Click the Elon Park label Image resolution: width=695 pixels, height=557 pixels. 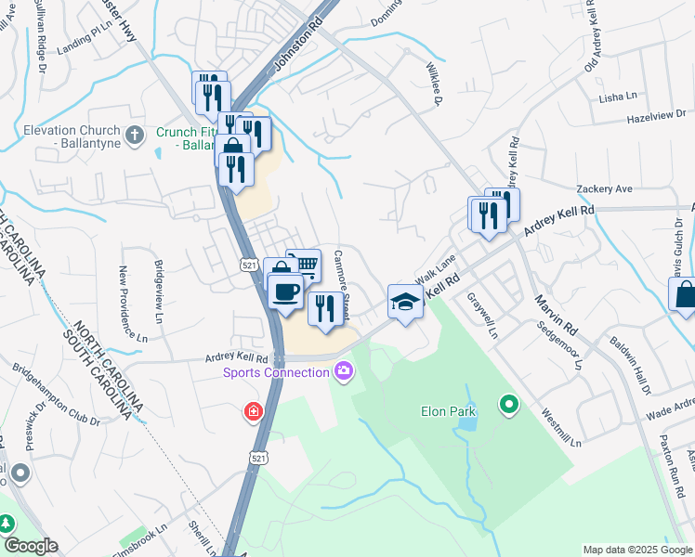tap(448, 411)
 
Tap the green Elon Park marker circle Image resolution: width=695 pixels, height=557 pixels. tap(508, 405)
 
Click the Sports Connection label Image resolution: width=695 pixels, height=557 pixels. tap(276, 373)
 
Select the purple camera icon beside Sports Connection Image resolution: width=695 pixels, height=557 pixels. tap(343, 372)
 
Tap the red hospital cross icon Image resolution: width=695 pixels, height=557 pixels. tap(253, 411)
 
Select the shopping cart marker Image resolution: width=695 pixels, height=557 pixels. tap(304, 266)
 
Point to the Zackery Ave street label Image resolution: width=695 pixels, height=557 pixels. tap(604, 188)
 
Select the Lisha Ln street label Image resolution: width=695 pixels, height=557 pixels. tap(619, 97)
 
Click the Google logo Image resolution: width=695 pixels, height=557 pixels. tap(30, 545)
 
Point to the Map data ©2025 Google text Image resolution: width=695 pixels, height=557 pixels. tap(636, 550)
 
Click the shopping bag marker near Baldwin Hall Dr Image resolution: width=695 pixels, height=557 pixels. tap(684, 296)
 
